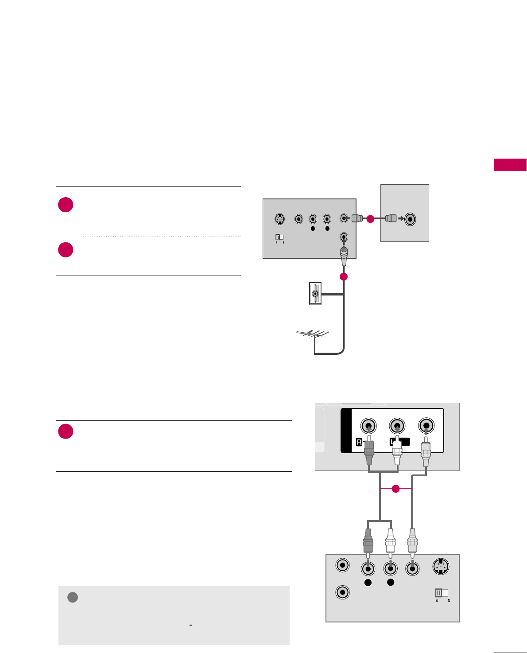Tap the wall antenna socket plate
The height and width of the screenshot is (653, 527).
(315, 293)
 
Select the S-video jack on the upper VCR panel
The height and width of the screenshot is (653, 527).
(279, 219)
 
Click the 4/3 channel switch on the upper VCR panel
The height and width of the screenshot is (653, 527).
(279, 237)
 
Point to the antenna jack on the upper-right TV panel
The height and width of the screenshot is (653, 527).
(411, 219)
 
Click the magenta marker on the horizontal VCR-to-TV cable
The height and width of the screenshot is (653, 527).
(370, 218)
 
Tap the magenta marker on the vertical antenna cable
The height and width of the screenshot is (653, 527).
(344, 277)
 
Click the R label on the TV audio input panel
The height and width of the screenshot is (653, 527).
(360, 442)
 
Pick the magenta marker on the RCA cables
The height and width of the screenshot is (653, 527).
(396, 489)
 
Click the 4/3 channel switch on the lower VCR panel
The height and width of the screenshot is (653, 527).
(442, 593)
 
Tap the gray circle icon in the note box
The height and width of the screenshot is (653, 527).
(73, 597)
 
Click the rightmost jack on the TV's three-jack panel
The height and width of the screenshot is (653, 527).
(426, 426)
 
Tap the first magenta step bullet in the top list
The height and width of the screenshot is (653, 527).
(66, 205)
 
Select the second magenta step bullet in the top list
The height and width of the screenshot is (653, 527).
(66, 250)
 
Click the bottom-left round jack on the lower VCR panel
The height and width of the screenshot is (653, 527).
(342, 592)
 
